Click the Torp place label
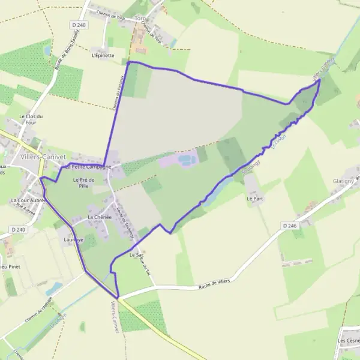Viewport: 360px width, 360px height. click(x=140, y=19)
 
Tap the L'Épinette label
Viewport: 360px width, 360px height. click(x=103, y=55)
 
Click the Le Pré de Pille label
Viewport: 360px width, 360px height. click(x=84, y=183)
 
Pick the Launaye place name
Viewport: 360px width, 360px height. click(x=73, y=239)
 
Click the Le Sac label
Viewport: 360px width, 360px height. click(x=136, y=255)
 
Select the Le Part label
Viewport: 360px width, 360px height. click(x=254, y=197)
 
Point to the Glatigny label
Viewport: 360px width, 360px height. click(x=345, y=181)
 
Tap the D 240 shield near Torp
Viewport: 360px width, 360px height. click(x=78, y=25)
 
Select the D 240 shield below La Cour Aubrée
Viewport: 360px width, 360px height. click(x=18, y=229)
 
